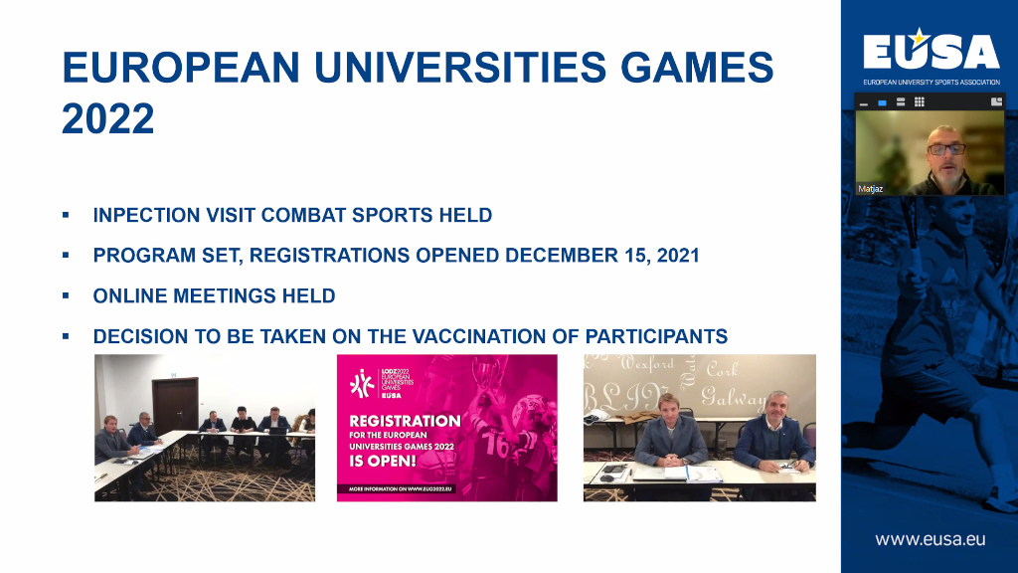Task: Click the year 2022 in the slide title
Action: pyautogui.click(x=108, y=119)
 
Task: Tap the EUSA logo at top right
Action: pyautogui.click(x=931, y=51)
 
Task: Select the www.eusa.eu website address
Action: pyautogui.click(x=931, y=539)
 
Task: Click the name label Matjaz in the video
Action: pyautogui.click(x=870, y=188)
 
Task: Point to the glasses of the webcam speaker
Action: pyautogui.click(x=945, y=149)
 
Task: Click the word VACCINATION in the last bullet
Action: pyautogui.click(x=487, y=337)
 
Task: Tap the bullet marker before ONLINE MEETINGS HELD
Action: pyautogui.click(x=66, y=296)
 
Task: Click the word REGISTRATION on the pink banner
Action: pyautogui.click(x=405, y=421)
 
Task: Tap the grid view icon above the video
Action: pyautogui.click(x=920, y=101)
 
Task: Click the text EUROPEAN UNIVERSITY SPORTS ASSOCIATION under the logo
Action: pyautogui.click(x=931, y=82)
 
